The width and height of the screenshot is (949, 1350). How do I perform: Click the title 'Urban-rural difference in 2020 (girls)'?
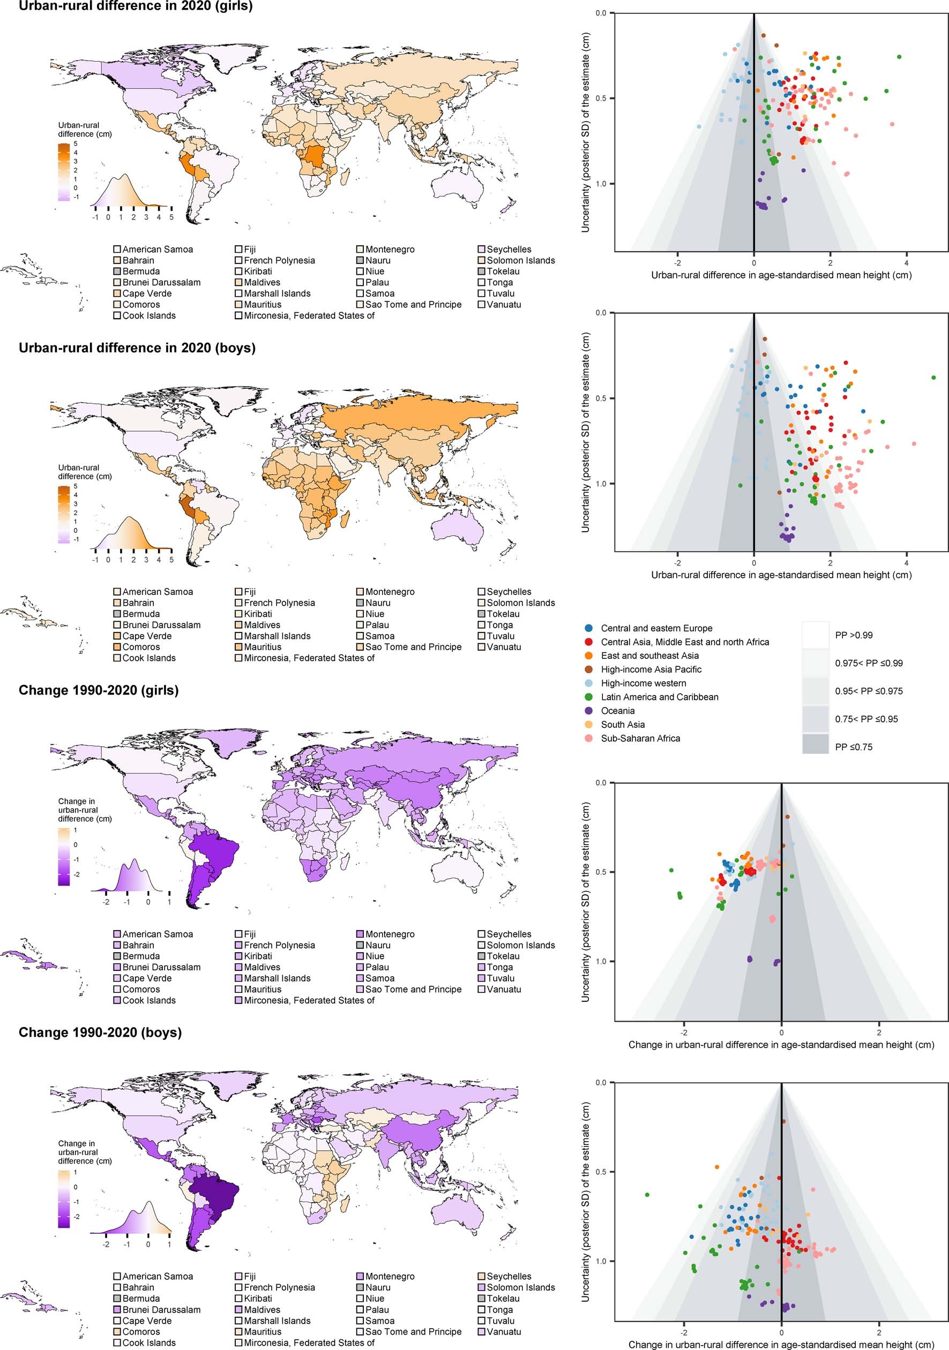tap(136, 7)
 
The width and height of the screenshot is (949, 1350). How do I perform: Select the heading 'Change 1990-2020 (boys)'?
tap(100, 1032)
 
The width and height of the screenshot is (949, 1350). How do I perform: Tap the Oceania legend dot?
tap(589, 710)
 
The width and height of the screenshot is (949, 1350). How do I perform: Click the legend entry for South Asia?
tap(623, 725)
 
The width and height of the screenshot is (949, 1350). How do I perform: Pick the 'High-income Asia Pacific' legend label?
tap(651, 669)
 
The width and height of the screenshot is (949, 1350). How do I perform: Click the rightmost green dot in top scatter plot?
tap(899, 57)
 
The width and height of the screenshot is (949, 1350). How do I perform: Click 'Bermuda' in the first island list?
tap(140, 271)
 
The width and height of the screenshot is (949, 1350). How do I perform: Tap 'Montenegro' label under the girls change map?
tap(390, 934)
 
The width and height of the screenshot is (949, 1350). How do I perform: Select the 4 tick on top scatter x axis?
tap(907, 263)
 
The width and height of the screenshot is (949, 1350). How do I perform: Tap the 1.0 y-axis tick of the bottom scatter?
tap(600, 1261)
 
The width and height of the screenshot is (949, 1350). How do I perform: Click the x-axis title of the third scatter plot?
tap(781, 1044)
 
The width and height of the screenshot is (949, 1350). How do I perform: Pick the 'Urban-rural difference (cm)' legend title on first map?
tap(85, 130)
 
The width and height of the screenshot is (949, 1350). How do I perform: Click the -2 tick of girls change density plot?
tap(106, 901)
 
